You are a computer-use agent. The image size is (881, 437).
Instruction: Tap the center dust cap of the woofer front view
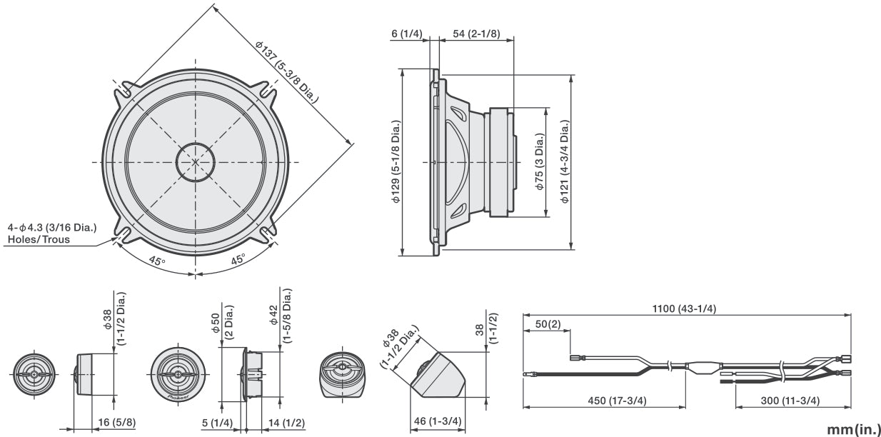(x=196, y=161)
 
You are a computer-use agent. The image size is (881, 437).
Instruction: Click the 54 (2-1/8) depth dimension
(x=476, y=34)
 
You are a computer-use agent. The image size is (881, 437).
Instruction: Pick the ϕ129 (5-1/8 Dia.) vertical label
(x=396, y=161)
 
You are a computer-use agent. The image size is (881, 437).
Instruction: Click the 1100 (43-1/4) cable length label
(x=685, y=308)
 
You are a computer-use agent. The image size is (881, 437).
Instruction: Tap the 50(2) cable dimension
(x=548, y=324)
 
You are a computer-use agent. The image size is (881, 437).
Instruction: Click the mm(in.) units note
(x=853, y=428)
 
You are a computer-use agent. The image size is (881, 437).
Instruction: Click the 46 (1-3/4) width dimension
(x=436, y=421)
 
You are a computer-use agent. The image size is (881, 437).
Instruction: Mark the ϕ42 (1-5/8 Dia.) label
(x=280, y=316)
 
